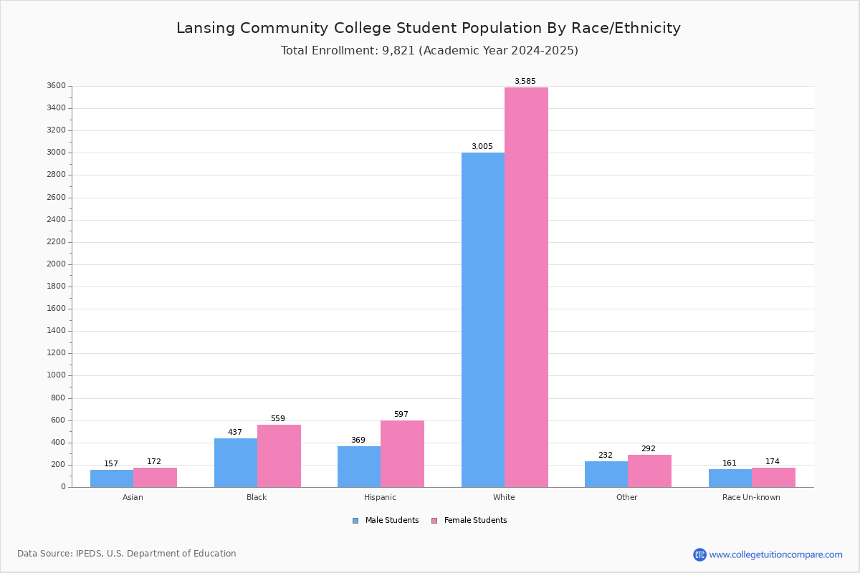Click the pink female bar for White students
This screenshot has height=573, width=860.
[x=526, y=287]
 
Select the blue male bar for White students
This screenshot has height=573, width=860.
[x=483, y=319]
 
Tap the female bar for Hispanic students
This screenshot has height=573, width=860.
[x=402, y=453]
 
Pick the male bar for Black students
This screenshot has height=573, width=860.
[x=236, y=463]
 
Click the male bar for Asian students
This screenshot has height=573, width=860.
[x=112, y=478]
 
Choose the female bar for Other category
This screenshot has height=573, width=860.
[x=649, y=471]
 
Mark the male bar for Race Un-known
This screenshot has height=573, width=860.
[x=730, y=478]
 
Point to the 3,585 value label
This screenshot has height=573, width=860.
[x=525, y=81]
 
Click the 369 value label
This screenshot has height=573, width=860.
[x=358, y=440]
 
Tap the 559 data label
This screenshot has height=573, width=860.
[x=278, y=418]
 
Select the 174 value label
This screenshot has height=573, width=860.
[x=773, y=461]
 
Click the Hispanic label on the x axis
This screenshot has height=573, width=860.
[x=380, y=497]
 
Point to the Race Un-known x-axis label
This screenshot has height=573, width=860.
[x=751, y=497]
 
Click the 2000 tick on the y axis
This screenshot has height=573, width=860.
[x=56, y=264]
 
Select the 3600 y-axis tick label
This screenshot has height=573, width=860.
[x=56, y=85]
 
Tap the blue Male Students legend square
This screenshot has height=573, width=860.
[x=355, y=521]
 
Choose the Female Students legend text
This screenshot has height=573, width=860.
[x=475, y=520]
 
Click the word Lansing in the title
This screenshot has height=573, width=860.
[x=206, y=28]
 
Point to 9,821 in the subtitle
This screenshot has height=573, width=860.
[x=398, y=50]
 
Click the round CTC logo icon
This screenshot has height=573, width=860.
[x=700, y=554]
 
